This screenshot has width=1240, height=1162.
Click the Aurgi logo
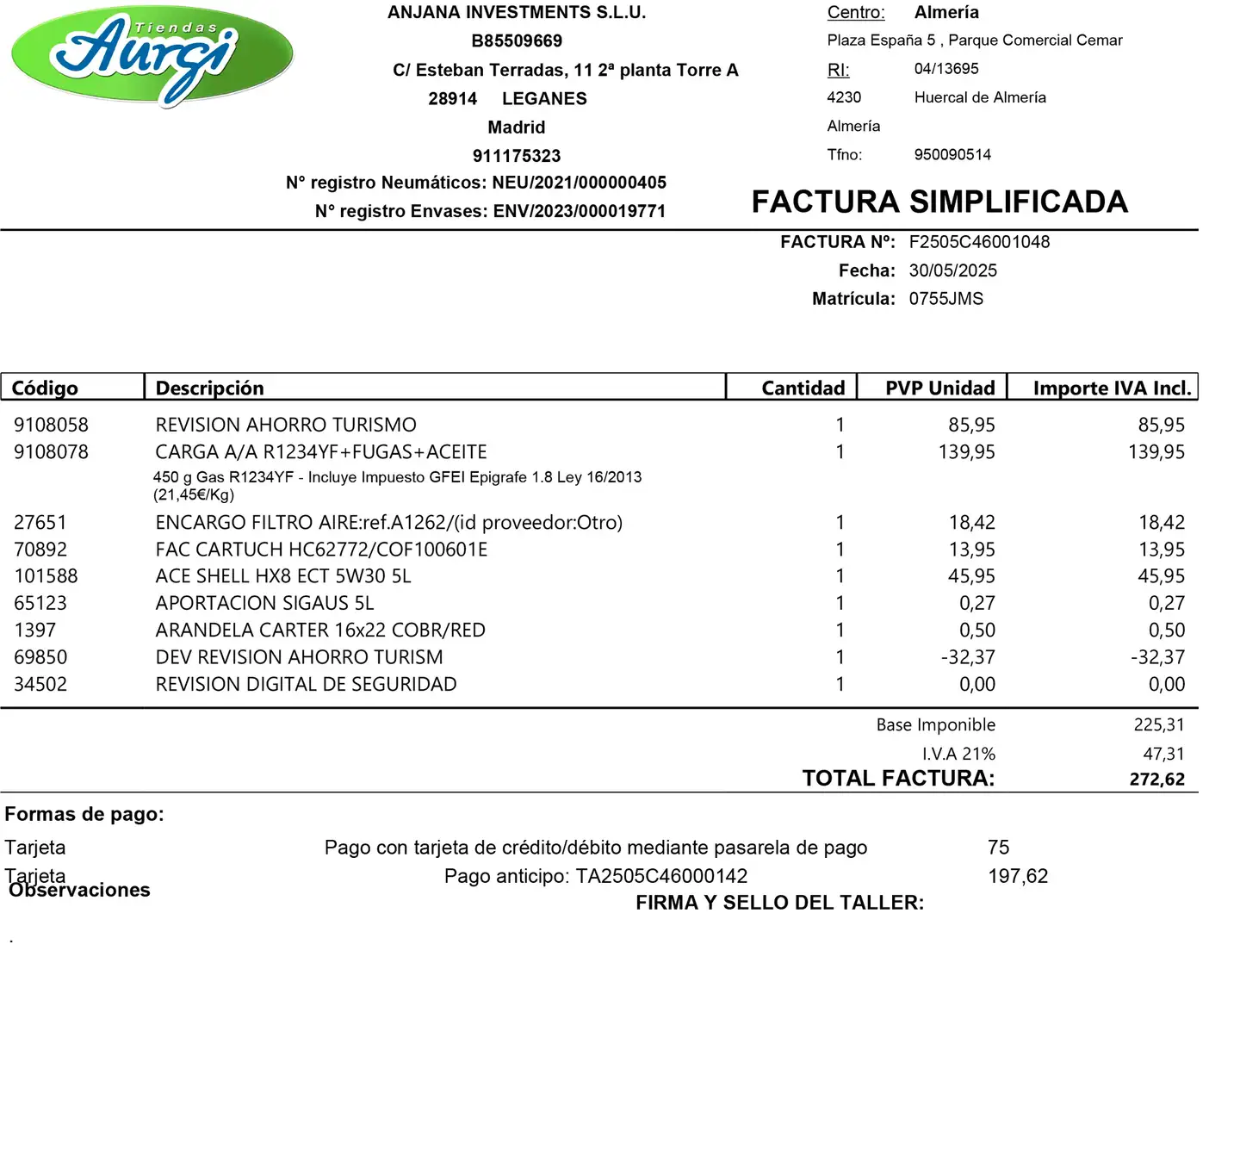coord(152,55)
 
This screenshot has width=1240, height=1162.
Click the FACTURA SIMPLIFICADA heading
coord(939,202)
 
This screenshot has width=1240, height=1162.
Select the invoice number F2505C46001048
coord(979,242)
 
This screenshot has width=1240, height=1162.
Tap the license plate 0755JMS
coord(945,299)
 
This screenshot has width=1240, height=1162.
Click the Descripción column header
coord(209,388)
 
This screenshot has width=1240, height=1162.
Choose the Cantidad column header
coord(803,388)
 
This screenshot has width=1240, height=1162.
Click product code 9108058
coord(51,425)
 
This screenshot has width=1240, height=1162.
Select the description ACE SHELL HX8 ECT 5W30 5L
coord(283,576)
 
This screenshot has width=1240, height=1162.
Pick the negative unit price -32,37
coord(968,657)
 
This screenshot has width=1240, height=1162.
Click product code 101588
coord(46,576)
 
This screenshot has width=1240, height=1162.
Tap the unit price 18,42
coord(971,522)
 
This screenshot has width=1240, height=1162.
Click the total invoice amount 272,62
coord(1156,780)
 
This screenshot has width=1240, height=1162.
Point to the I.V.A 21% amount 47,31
coord(1163,754)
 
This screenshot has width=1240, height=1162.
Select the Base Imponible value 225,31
coord(1159,725)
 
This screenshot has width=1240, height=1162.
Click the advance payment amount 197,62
coord(1018,876)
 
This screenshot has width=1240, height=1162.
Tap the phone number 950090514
coord(952,155)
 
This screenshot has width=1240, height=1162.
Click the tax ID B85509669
coord(517,41)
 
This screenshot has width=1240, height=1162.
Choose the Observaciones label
coord(79,891)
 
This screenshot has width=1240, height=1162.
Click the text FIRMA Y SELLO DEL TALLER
coord(779,903)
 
